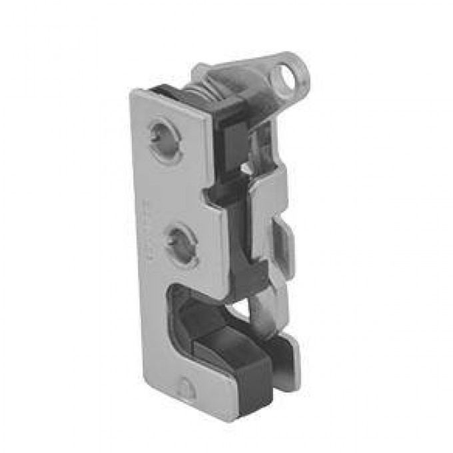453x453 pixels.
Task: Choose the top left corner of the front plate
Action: click(x=133, y=91)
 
